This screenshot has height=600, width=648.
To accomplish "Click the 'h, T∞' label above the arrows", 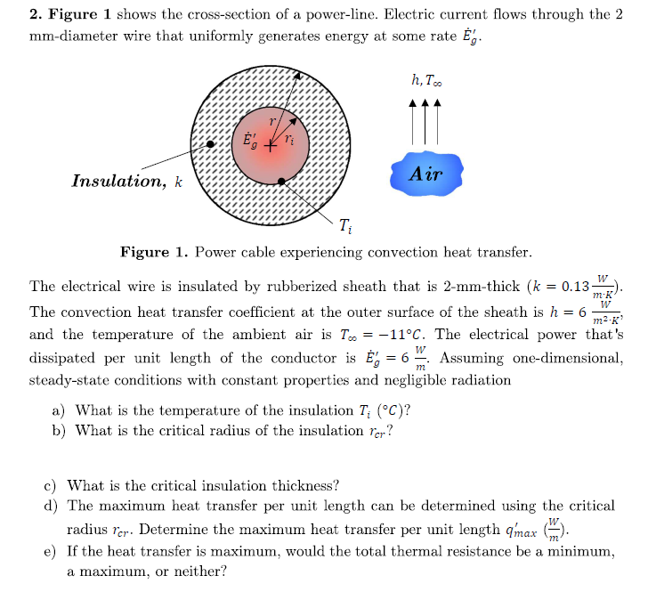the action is click(x=425, y=80).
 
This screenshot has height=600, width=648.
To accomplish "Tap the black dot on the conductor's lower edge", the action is click(x=282, y=181).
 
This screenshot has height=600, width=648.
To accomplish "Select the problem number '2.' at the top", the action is click(x=36, y=15).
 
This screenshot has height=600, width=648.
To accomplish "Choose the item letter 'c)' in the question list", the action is click(x=53, y=485).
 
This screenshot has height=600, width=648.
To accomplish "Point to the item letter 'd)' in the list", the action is click(x=53, y=506).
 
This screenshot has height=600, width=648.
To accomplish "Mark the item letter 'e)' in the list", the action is click(x=53, y=551).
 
